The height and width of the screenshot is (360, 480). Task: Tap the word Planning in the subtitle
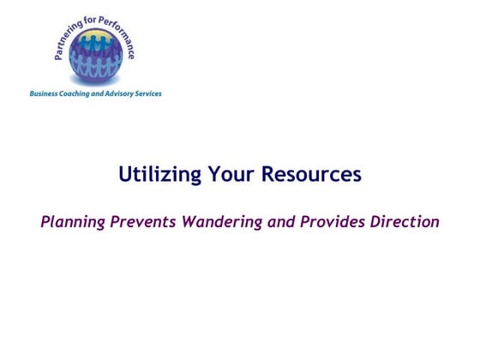pyautogui.click(x=75, y=222)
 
